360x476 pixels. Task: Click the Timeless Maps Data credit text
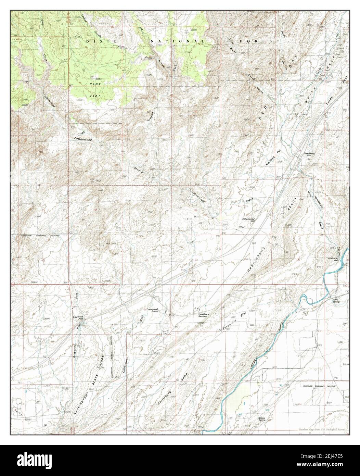(x=321, y=429)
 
